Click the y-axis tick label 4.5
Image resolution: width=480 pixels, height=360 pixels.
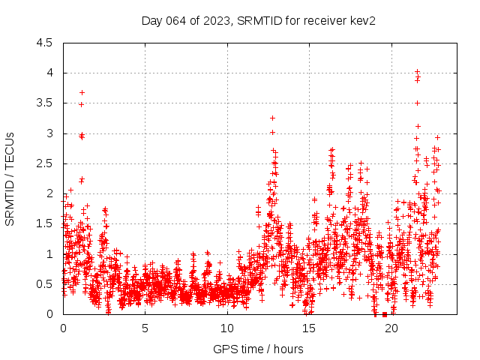(x=45, y=43)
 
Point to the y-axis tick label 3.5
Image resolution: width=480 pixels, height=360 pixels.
(x=45, y=103)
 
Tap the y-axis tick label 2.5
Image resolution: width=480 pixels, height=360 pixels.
(x=45, y=163)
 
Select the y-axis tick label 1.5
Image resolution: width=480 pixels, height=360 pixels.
(x=45, y=223)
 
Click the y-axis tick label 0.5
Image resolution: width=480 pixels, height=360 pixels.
(x=45, y=283)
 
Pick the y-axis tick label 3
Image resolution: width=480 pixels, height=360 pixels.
(x=49, y=133)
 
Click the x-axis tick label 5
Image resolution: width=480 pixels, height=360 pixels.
(x=145, y=328)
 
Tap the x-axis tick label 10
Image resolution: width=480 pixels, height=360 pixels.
(x=226, y=328)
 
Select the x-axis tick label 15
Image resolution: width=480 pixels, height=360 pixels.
(x=308, y=328)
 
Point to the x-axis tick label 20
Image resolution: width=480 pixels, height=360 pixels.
(x=390, y=328)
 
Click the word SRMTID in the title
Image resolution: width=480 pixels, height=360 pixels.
(x=256, y=20)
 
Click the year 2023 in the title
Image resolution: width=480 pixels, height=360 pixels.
(x=214, y=20)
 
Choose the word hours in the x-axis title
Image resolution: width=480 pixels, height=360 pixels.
(x=289, y=349)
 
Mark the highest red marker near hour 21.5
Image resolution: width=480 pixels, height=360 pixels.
(x=417, y=71)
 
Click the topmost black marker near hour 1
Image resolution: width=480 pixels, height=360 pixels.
(x=82, y=92)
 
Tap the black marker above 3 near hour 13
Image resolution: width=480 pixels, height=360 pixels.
(x=272, y=118)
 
